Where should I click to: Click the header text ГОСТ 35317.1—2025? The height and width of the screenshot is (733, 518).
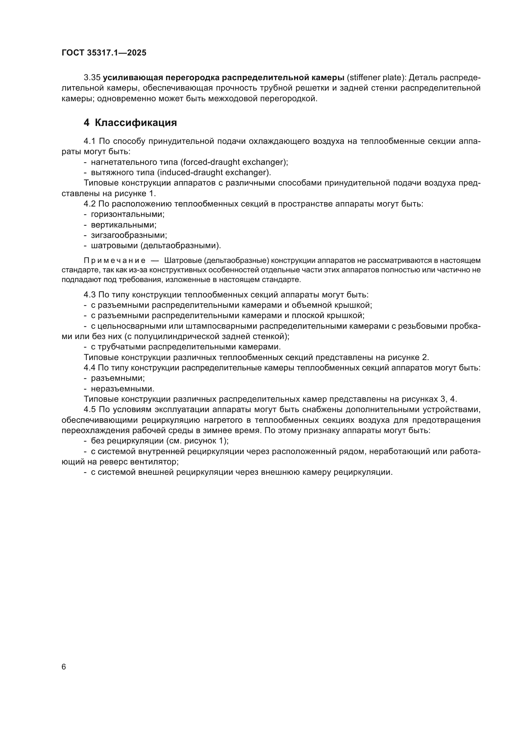click(x=104, y=53)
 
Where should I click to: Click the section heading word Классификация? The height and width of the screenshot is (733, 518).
click(x=136, y=123)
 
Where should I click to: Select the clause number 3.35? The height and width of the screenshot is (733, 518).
click(x=92, y=78)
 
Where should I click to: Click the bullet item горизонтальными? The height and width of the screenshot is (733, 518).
click(x=127, y=214)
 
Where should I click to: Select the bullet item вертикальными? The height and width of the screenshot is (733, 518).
click(x=124, y=225)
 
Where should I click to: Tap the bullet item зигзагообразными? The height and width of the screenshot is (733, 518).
click(x=129, y=235)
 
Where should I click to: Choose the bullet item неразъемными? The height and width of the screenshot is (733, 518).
click(x=122, y=389)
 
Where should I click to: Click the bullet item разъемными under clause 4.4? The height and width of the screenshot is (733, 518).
click(x=118, y=378)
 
